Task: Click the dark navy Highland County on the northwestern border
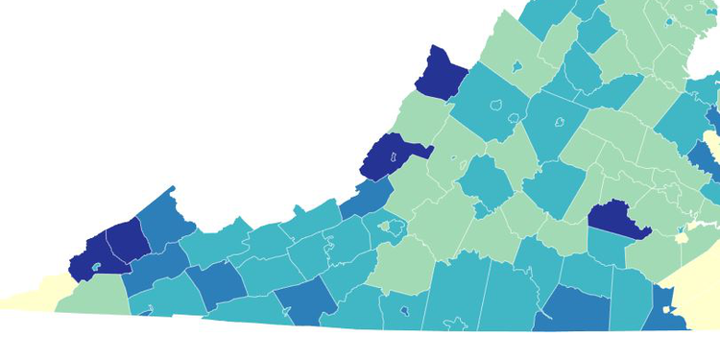pyautogui.click(x=440, y=73)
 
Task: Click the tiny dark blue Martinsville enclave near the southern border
pyautogui.click(x=404, y=311)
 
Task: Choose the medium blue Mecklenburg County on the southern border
pyautogui.click(x=574, y=310)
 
